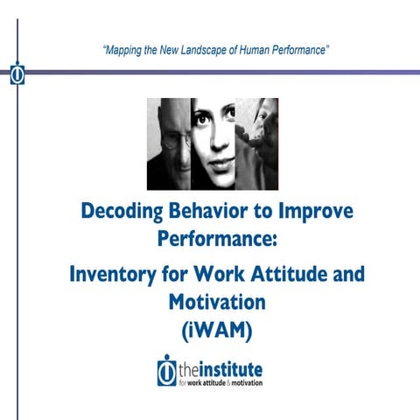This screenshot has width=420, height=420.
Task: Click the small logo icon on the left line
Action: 17,75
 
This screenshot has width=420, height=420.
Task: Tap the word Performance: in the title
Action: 210,238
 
